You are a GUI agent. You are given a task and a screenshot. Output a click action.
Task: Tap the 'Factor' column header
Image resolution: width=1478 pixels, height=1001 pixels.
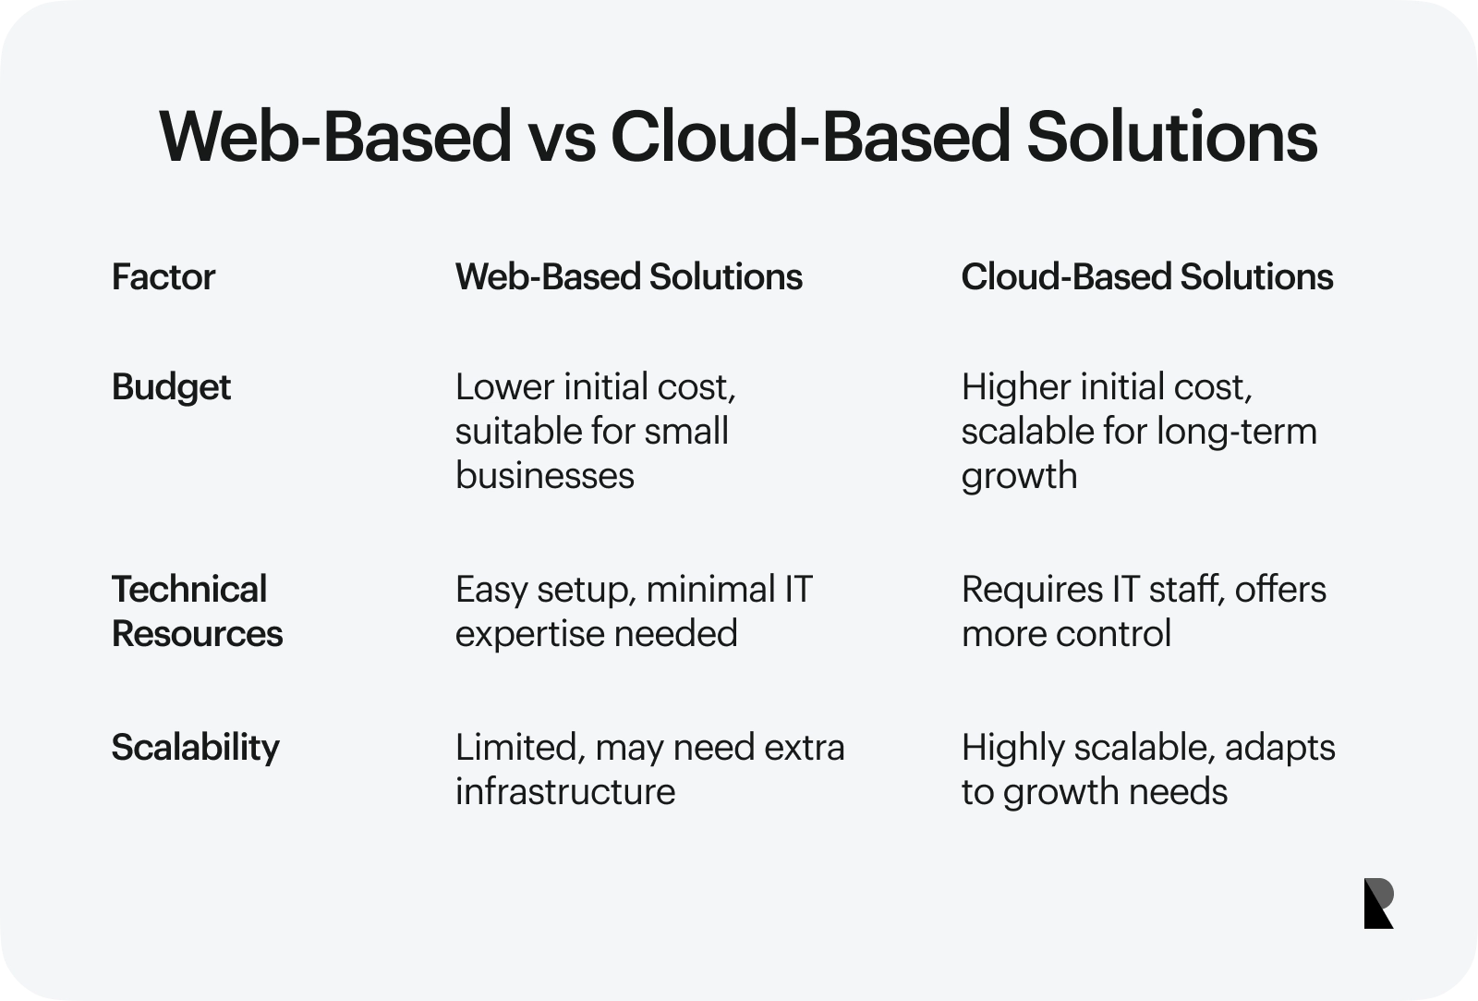point(163,276)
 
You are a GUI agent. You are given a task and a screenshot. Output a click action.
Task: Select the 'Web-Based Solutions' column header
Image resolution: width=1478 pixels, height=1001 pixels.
point(629,276)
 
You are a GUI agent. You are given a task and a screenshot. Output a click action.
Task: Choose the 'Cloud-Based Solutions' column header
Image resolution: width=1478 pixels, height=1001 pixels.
point(1146,276)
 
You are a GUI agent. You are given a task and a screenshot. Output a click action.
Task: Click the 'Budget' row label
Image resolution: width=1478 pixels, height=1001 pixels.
point(171,387)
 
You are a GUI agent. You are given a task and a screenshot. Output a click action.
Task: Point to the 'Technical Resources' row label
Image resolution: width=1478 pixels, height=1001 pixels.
point(198,611)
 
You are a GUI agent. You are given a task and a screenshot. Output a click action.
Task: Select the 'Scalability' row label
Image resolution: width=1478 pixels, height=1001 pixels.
point(195,748)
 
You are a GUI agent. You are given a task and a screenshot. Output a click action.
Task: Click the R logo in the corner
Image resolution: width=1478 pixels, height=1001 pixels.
point(1378,903)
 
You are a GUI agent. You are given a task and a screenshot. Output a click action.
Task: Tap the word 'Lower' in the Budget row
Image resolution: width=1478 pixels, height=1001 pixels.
point(503,387)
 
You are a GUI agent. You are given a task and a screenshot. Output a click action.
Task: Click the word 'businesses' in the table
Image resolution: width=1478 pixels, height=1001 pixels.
point(544,475)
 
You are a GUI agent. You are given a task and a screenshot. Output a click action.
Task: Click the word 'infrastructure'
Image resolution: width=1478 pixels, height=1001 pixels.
point(565,792)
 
